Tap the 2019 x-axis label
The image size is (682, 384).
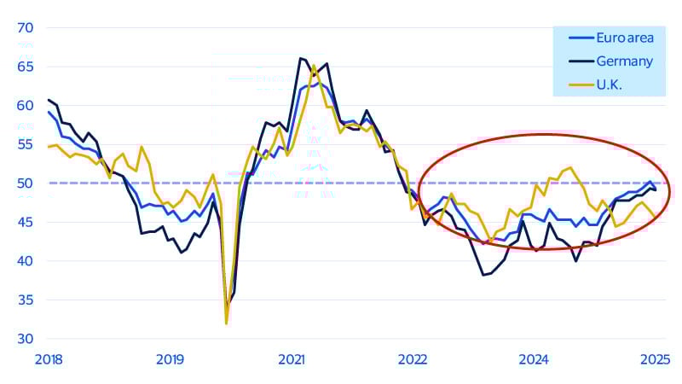(x=170, y=359)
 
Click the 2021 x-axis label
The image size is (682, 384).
(x=292, y=359)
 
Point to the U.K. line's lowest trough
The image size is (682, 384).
(x=226, y=323)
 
